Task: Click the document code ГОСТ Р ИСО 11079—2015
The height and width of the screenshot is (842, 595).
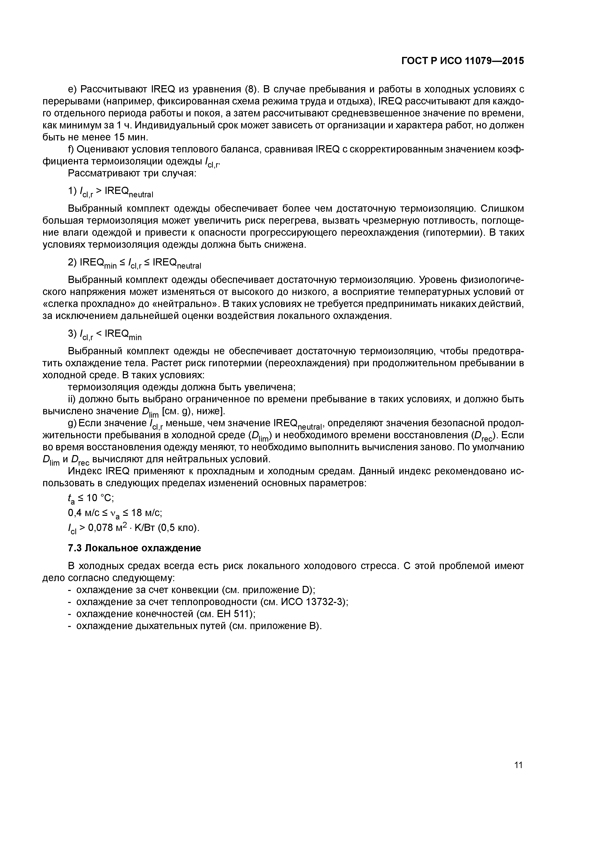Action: pyautogui.click(x=463, y=61)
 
